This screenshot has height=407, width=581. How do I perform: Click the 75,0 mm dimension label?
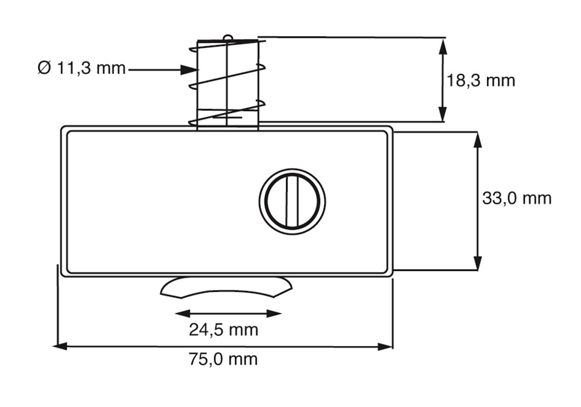point(223,359)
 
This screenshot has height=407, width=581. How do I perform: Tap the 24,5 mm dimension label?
point(224,330)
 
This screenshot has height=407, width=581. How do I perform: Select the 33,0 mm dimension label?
point(517,198)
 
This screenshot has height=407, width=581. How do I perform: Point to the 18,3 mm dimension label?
point(480,80)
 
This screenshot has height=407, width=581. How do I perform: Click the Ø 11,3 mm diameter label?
point(81,68)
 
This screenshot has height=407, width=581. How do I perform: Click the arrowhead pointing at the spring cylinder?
point(188,69)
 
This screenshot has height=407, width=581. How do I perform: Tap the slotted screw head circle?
point(292,201)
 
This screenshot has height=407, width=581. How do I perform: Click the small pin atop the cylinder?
point(228,37)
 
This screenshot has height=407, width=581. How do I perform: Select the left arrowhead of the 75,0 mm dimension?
point(60,347)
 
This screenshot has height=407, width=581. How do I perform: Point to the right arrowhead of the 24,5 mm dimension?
point(274,314)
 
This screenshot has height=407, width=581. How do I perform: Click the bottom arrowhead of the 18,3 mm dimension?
point(442,114)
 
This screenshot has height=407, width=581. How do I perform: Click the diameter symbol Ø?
point(44,68)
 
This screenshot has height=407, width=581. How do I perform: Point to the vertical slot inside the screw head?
point(292,201)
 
